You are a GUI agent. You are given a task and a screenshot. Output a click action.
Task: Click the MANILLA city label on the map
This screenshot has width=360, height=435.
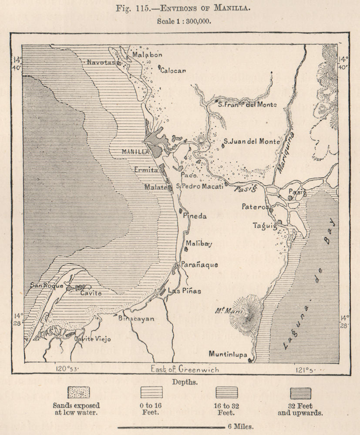coord(135,152)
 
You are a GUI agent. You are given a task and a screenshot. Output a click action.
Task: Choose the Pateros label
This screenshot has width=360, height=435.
coord(256,207)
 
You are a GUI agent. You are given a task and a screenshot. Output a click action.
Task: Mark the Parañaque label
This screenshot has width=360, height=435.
coord(199,264)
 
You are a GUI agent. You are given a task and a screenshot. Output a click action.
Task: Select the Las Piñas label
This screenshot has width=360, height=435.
coord(184,291)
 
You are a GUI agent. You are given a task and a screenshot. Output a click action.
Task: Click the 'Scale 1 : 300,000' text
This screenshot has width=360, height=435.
coord(180,20)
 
